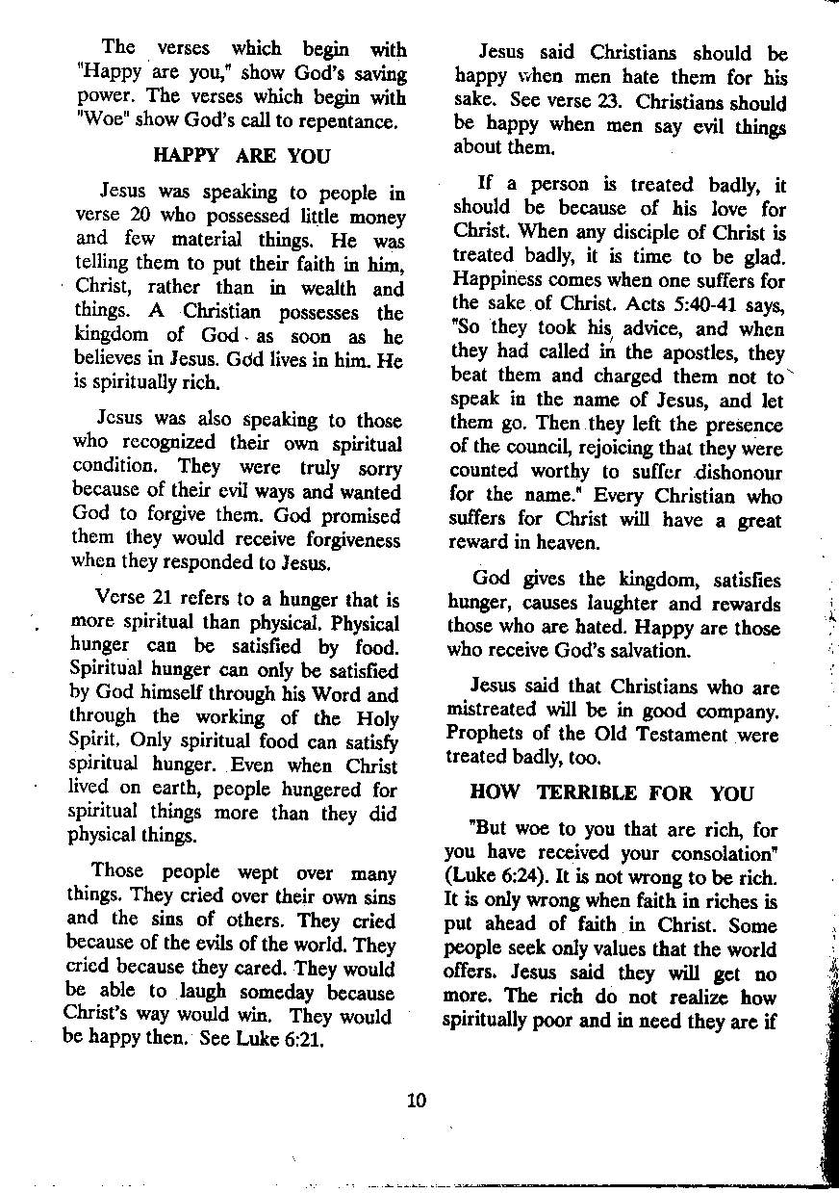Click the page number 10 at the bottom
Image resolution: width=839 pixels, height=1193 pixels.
coord(416,1101)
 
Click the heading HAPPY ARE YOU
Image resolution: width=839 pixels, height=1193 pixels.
coord(241,156)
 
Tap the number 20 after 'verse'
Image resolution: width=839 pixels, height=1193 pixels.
coord(141,217)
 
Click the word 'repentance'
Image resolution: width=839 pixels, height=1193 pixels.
coord(347,122)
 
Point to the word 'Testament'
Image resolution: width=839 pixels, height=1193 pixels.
coord(671,735)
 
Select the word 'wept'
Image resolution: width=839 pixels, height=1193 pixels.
coord(255,873)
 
